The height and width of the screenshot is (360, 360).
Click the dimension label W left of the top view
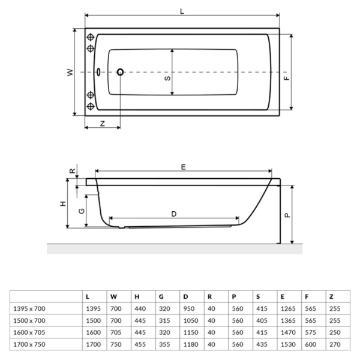[70, 72]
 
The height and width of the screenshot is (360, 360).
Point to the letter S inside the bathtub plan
[167, 77]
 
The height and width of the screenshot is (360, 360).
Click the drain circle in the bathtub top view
[120, 72]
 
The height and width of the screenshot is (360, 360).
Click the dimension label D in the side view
[174, 214]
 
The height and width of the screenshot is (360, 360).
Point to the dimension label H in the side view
[63, 203]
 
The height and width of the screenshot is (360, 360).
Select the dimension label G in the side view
[80, 211]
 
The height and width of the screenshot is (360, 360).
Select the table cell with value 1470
[287, 332]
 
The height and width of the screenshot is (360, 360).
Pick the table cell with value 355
[163, 344]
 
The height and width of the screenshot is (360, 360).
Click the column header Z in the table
[331, 296]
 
